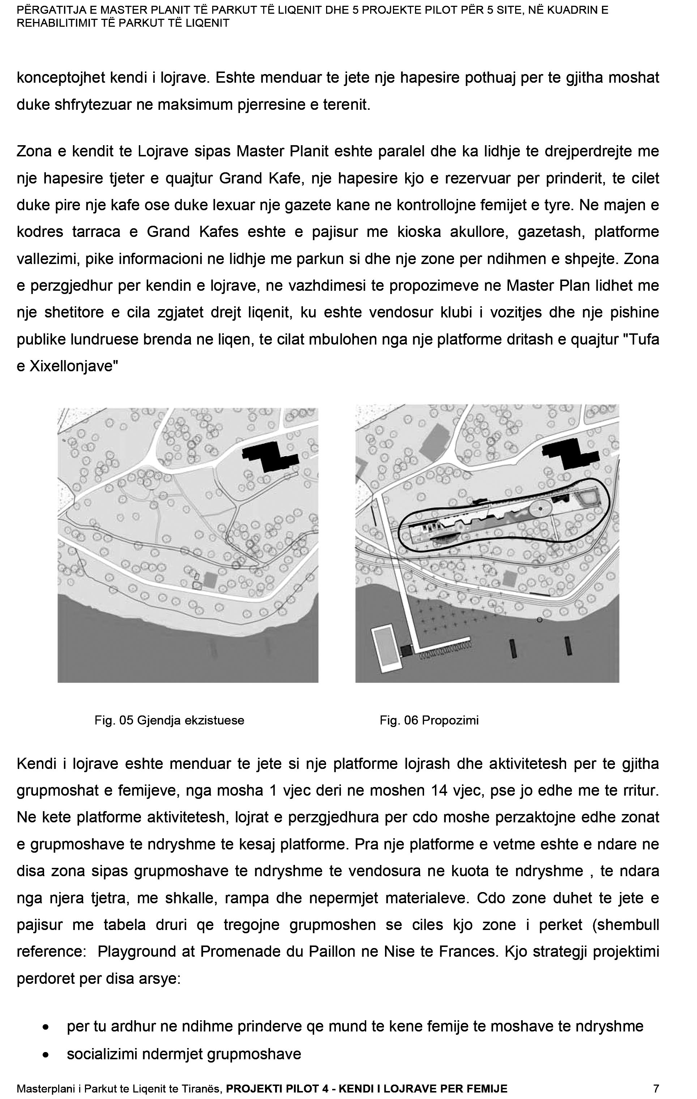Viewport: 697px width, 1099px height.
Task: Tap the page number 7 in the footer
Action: (x=656, y=1089)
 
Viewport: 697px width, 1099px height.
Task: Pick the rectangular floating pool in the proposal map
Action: (x=385, y=648)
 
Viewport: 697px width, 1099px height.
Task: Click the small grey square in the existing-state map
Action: (x=210, y=580)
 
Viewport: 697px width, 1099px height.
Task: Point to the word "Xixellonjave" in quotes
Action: (x=71, y=367)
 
